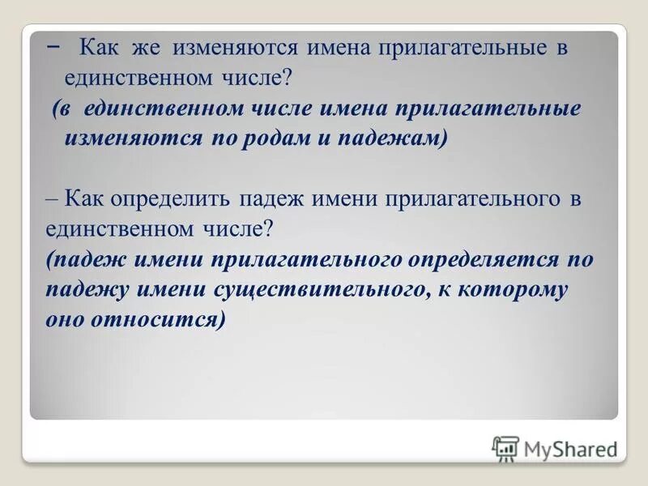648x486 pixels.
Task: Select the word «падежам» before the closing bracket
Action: coord(396,138)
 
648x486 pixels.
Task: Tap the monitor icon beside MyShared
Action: coord(505,448)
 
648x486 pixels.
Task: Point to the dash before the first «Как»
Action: coord(53,45)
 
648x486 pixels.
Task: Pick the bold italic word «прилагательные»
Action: coord(486,109)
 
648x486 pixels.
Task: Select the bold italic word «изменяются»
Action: coord(133,138)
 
